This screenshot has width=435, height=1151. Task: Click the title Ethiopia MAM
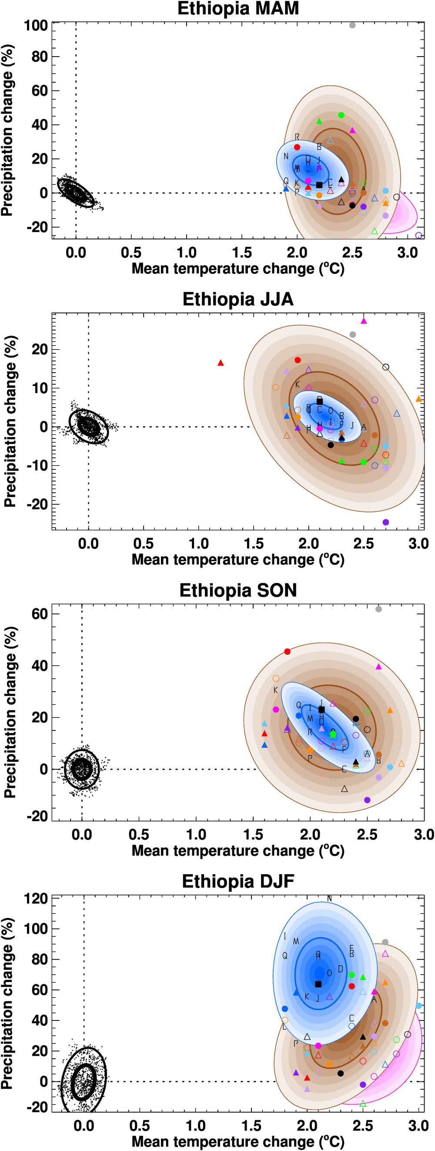(x=238, y=9)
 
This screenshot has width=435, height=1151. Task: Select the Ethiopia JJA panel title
(x=238, y=300)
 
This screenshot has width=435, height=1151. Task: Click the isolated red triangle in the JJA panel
(x=221, y=363)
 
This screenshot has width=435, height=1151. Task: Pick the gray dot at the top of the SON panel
(x=379, y=609)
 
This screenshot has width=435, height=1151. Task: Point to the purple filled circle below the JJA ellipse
(x=386, y=522)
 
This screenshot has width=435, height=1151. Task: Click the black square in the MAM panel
(x=319, y=185)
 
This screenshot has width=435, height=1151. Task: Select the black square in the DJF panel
(x=318, y=984)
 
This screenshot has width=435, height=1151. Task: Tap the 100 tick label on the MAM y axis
(x=36, y=26)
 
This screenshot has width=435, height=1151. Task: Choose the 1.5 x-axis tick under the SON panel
(x=253, y=835)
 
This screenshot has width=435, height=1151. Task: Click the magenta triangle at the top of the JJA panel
(x=364, y=321)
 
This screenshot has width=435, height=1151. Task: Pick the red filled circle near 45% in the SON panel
(x=287, y=651)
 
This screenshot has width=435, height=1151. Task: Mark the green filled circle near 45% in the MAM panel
(x=341, y=115)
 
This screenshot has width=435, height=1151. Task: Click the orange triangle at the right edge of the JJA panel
(x=418, y=399)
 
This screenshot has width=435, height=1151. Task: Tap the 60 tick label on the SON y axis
(x=39, y=614)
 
